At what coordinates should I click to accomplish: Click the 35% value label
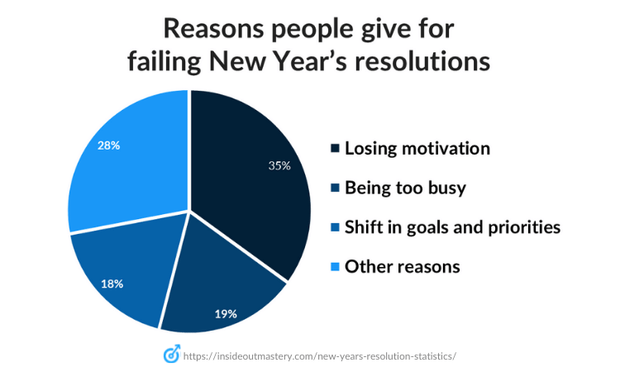pos(279,165)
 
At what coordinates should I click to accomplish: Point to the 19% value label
pos(226,313)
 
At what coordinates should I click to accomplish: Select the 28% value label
pos(108,145)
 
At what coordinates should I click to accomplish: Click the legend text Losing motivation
pos(417,149)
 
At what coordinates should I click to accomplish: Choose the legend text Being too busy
pos(405,188)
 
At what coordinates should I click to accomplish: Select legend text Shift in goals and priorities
pos(452,227)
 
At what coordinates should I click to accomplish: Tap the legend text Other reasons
pos(402,267)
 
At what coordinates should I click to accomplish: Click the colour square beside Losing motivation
pos(335,149)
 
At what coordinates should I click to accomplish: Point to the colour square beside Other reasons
pos(335,267)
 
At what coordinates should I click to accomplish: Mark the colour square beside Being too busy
pos(335,188)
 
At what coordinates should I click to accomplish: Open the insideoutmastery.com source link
pos(319,355)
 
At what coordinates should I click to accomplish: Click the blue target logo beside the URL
pos(172,355)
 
